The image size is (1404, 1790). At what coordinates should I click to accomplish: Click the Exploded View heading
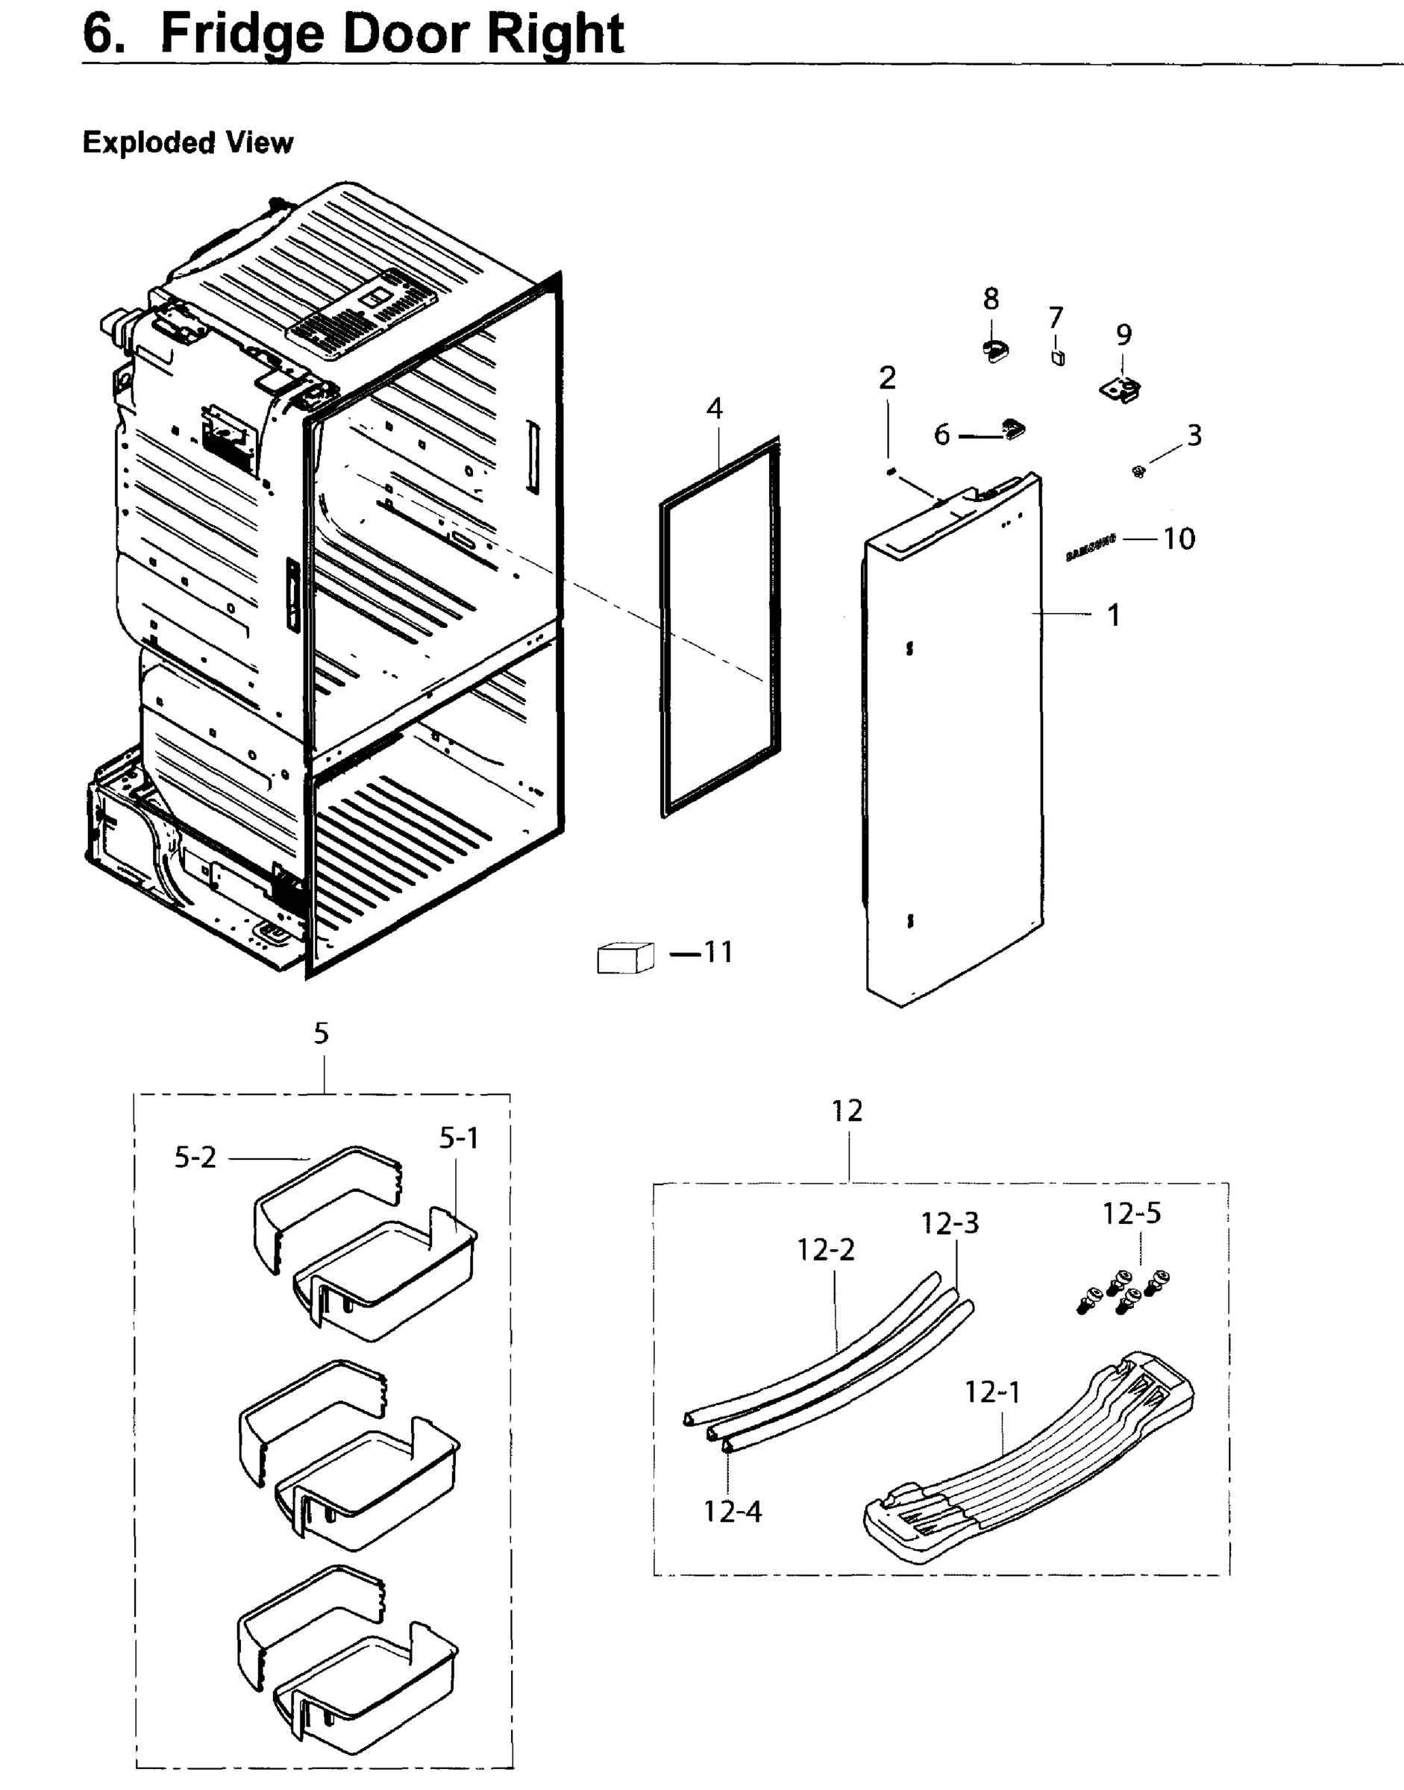[x=187, y=142]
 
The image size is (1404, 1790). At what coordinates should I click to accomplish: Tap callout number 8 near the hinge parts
[x=991, y=298]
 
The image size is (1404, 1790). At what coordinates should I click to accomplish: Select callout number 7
[x=1056, y=317]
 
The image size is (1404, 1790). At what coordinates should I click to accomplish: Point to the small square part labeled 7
[x=1058, y=357]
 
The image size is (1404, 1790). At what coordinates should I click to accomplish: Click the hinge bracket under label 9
[x=1121, y=387]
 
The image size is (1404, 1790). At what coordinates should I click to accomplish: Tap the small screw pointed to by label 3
[x=1138, y=471]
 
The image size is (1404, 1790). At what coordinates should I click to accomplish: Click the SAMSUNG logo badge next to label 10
[x=1091, y=547]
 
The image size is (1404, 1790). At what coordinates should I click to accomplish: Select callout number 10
[x=1179, y=538]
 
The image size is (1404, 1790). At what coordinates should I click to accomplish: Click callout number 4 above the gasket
[x=715, y=409]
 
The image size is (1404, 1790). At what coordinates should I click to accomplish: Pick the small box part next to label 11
[x=624, y=958]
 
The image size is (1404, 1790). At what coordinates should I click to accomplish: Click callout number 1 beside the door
[x=1114, y=615]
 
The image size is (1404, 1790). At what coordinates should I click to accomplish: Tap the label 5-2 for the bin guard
[x=195, y=1158]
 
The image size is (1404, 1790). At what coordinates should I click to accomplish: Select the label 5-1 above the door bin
[x=459, y=1137]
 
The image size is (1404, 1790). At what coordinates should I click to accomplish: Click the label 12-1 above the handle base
[x=992, y=1392]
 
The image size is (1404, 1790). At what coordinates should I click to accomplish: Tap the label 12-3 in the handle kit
[x=950, y=1223]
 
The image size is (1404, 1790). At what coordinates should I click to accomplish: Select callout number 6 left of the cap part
[x=941, y=434]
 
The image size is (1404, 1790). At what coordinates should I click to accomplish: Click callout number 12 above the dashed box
[x=847, y=1111]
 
